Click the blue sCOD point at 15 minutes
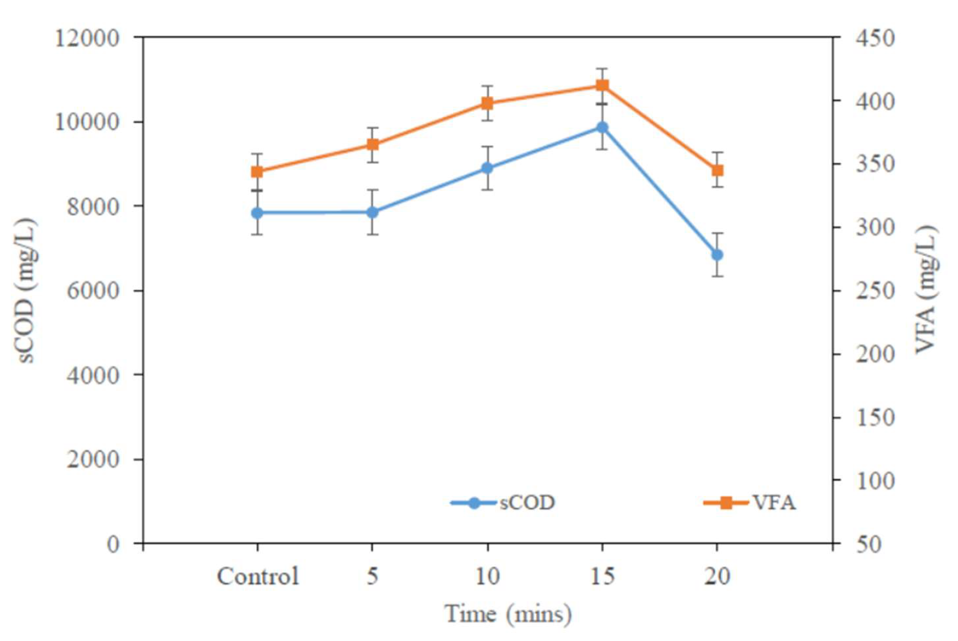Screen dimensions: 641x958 [602, 128]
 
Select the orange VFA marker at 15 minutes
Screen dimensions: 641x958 [602, 85]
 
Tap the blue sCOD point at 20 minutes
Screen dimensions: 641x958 [717, 255]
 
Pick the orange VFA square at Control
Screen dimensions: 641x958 [257, 172]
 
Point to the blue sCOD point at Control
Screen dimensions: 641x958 [257, 213]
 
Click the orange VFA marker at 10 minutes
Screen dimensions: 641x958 [487, 104]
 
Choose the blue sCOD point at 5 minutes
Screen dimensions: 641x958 [372, 212]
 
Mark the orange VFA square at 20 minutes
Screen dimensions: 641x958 [717, 170]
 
